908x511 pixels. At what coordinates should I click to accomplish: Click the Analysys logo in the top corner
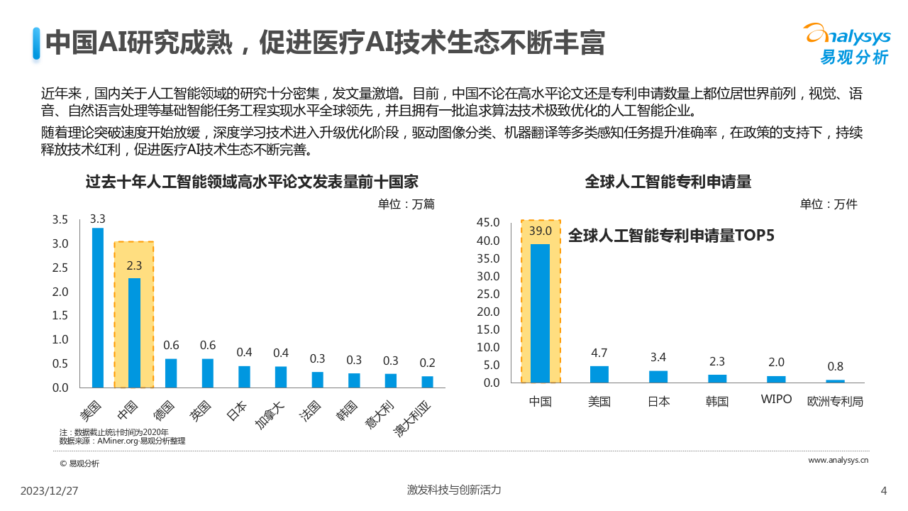tap(846, 44)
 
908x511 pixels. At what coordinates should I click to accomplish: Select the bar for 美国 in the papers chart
tap(98, 307)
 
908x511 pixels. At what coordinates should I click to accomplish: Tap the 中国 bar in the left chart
tap(134, 332)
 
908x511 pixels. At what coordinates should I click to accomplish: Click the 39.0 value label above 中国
tap(541, 231)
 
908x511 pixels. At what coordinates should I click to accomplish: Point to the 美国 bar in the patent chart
tap(599, 374)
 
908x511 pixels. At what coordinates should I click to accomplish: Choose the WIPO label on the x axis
tap(776, 399)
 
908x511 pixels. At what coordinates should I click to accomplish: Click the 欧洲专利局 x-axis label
tap(836, 401)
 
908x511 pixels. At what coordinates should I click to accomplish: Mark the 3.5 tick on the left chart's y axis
tap(60, 220)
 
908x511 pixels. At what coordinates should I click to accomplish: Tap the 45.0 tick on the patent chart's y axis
tap(488, 223)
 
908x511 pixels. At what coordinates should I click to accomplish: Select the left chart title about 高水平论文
tap(252, 182)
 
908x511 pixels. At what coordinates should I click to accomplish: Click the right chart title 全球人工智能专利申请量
tap(668, 182)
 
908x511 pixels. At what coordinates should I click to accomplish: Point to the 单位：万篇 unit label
tap(406, 204)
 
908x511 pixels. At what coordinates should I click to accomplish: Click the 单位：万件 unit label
tap(829, 204)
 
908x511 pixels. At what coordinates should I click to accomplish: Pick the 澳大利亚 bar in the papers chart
tap(428, 381)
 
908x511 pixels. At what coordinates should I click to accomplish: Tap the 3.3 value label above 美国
tap(98, 219)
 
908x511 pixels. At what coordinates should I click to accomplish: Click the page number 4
tap(883, 490)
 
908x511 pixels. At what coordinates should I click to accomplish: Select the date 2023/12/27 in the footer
tap(50, 490)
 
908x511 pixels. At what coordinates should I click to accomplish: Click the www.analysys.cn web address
tap(838, 461)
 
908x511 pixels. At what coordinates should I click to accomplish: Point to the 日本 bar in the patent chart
tap(658, 376)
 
